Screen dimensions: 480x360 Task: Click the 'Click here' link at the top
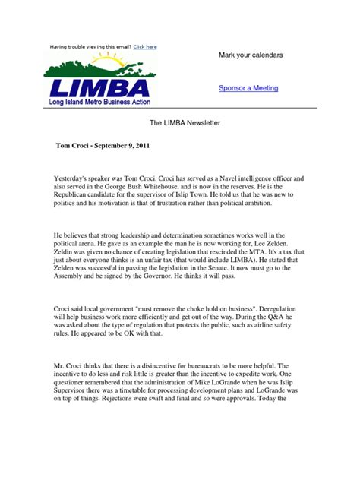coord(145,47)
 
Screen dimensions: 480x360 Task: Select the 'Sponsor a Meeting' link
coord(248,88)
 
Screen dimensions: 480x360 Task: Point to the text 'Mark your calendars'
coord(251,56)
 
